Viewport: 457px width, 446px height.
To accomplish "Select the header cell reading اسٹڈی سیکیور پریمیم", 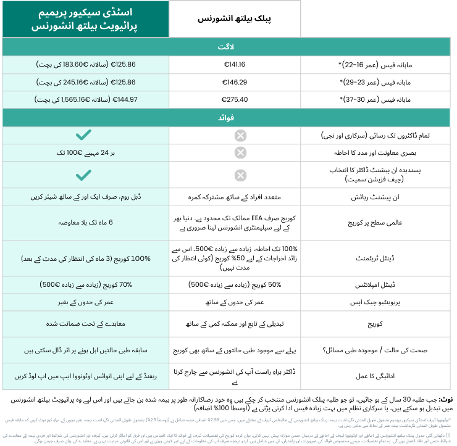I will click(x=86, y=12).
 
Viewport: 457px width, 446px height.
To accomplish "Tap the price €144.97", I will click(x=122, y=99).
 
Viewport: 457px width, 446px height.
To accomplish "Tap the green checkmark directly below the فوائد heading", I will click(x=84, y=135).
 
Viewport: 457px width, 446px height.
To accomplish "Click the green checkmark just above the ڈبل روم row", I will click(x=84, y=175).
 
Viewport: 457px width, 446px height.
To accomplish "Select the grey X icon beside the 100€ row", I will click(x=240, y=153).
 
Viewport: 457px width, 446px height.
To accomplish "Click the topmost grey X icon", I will click(x=240, y=136).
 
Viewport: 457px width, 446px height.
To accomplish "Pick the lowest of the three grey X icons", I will click(x=240, y=175).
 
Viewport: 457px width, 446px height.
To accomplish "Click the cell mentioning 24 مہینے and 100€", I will click(x=86, y=153).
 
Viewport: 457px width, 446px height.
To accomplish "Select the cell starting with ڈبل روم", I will click(x=86, y=197).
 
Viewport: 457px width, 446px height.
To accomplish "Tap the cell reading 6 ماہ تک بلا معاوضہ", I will click(x=86, y=223).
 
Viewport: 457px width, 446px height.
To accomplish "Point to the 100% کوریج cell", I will click(x=86, y=258).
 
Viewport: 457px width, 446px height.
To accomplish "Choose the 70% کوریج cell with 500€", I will click(x=86, y=285).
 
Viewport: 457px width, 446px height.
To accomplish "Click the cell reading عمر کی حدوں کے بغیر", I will click(x=86, y=302).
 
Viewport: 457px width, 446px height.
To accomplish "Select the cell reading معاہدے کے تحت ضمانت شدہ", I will click(x=86, y=324).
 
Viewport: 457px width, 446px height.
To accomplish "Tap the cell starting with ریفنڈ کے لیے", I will click(x=86, y=376).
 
